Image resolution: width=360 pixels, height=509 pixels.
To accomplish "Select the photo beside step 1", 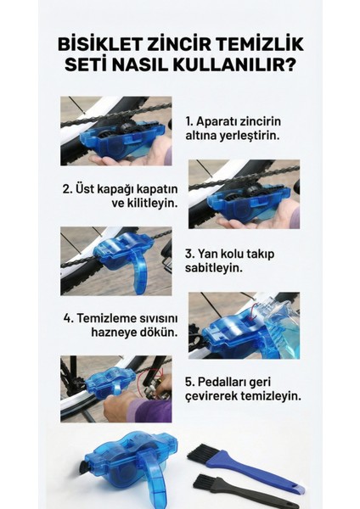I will [115, 131].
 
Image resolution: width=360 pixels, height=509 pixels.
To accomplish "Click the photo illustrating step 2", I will [243, 194].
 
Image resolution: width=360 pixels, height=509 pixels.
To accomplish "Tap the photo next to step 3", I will [115, 260].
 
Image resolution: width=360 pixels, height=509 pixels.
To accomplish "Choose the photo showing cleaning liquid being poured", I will [243, 325].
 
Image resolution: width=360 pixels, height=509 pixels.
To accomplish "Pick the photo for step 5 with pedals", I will [115, 388].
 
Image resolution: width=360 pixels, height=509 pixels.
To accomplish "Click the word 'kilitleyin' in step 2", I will [145, 204].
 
